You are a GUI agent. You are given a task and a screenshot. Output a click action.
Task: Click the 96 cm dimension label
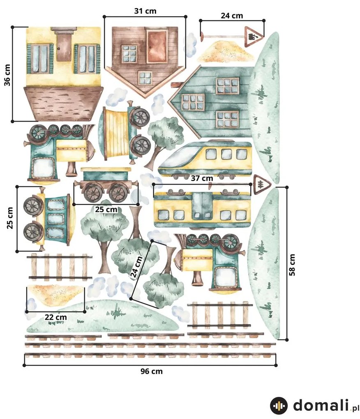pos(152,371)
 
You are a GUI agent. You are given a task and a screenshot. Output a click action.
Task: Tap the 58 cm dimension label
pos(292,265)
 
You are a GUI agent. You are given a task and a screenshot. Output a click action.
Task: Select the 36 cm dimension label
pos(7,75)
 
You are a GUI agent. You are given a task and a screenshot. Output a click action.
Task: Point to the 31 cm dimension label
pos(145,11)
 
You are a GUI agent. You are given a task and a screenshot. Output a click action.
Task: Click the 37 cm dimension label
pos(202,178)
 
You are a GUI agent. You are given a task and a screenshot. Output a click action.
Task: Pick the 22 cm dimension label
pos(55,317)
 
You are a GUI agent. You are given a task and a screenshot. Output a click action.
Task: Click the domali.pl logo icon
pos(279,405)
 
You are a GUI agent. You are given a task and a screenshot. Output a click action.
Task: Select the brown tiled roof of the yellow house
pos(63,103)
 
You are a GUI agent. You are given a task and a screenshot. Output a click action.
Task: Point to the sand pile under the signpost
pos(226,51)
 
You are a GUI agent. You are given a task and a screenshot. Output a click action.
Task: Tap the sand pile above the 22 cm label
pos(55,295)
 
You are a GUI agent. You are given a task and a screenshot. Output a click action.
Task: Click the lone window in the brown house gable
pos(145,78)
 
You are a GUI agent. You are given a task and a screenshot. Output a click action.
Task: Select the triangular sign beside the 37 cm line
pos(262,184)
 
